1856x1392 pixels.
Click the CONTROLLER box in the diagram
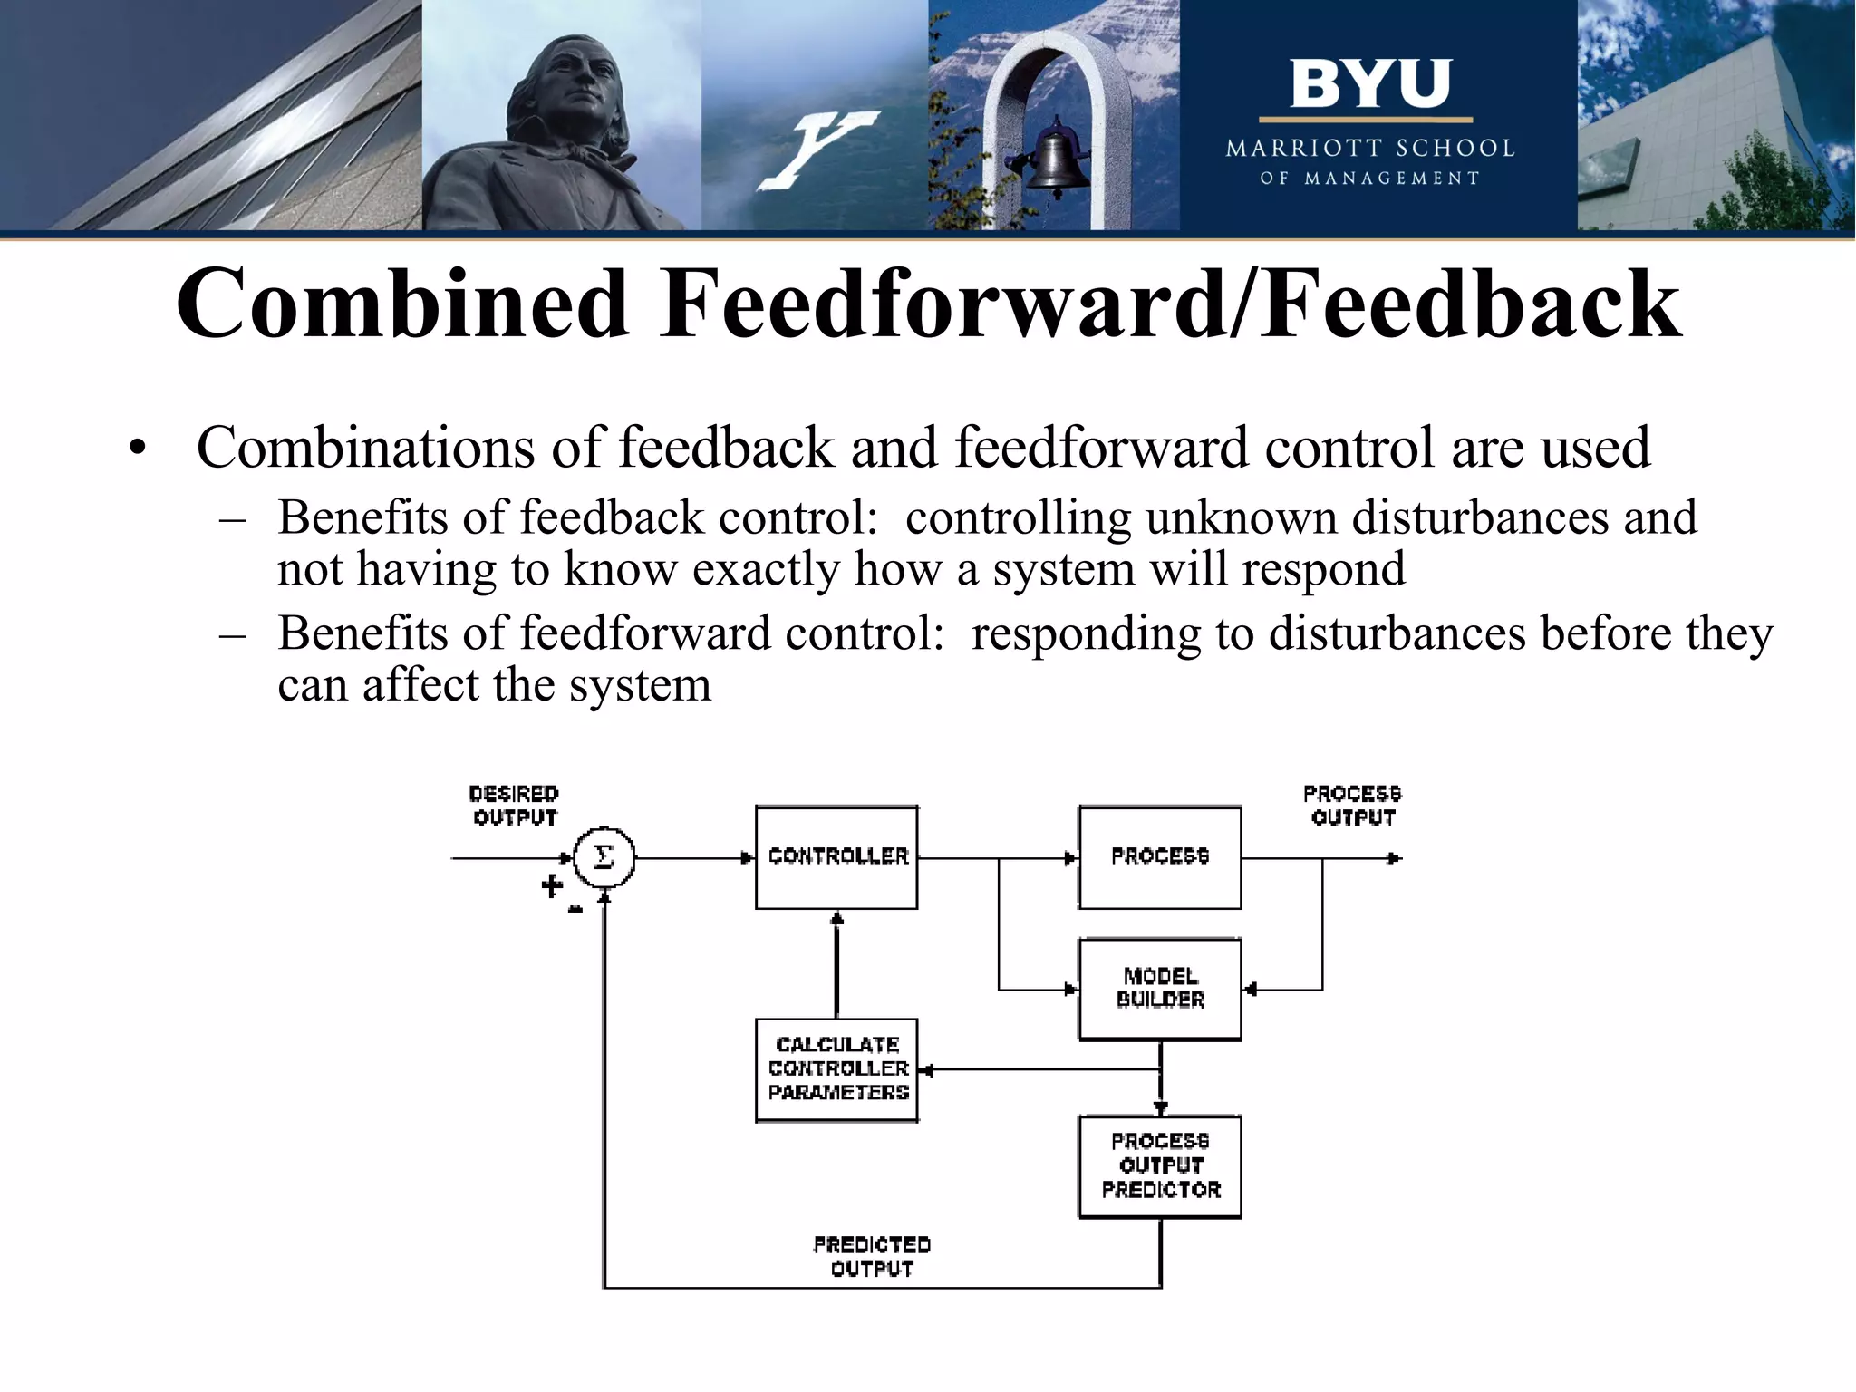pyautogui.click(x=836, y=857)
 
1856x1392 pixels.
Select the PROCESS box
pyautogui.click(x=1159, y=857)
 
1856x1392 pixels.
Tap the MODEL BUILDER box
pyautogui.click(x=1159, y=989)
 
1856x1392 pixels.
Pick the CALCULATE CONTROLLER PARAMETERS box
pyautogui.click(x=836, y=1069)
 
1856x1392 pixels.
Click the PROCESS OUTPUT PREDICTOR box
pyautogui.click(x=1159, y=1166)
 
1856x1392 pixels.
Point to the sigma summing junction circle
pyautogui.click(x=604, y=857)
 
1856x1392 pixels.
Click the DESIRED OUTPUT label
pyautogui.click(x=514, y=806)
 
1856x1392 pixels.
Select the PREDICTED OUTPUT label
pyautogui.click(x=872, y=1257)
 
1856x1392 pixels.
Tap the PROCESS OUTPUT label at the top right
pyautogui.click(x=1352, y=806)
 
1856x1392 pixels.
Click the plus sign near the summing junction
pyautogui.click(x=551, y=885)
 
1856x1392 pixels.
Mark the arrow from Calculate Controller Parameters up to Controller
pyautogui.click(x=836, y=965)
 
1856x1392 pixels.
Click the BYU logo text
pyautogui.click(x=1369, y=84)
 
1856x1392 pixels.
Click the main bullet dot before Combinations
pyautogui.click(x=137, y=449)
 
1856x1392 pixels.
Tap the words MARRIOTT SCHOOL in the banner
pyautogui.click(x=1369, y=148)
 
